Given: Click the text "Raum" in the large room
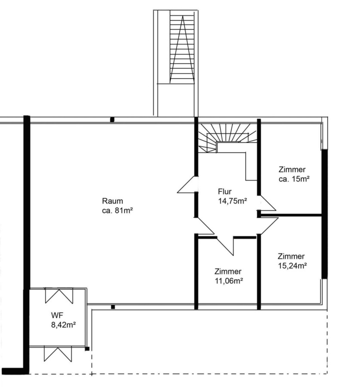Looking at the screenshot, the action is pos(112,201).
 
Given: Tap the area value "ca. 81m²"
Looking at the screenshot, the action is pos(117,211).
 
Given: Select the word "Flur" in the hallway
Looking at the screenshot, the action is pos(225,191).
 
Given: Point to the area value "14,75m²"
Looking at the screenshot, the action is pos(232,201).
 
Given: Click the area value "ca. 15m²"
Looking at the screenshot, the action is pos(294,179).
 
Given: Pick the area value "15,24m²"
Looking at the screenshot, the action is pos(292,266).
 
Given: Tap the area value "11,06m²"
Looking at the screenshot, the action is pos(229,281).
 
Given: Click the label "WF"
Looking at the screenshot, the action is pos(57,315).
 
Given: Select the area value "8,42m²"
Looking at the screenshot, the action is pos(63,325).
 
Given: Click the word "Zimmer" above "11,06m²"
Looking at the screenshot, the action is pos(228,271).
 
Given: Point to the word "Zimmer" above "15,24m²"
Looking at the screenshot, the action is pos(291,256).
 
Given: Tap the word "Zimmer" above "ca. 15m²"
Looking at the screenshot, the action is pos(292,169).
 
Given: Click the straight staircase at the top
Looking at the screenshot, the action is pos(182,49).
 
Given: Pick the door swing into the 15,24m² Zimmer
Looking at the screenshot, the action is pos(269,226).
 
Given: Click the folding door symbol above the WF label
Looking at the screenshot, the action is pos(59,295).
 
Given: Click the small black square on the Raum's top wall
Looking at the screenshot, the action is pos(112,120).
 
